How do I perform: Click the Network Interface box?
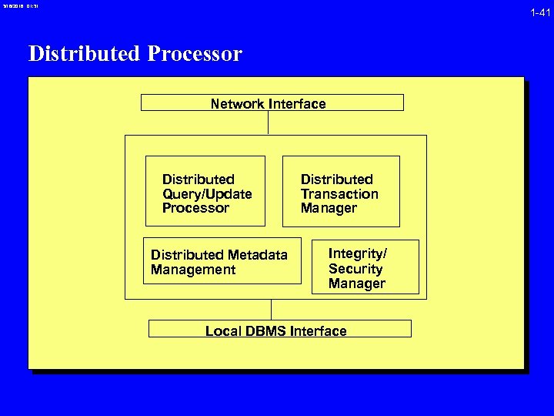272,102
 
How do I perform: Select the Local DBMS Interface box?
279,329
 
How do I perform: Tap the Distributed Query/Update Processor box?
205,192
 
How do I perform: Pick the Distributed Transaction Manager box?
341,192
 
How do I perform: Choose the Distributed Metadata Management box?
222,262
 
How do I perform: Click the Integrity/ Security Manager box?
365,267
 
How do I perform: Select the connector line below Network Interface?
268,122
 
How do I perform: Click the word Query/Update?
207,193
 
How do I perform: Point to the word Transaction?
339,193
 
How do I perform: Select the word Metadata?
258,255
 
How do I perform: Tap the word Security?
355,269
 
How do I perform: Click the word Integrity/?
357,253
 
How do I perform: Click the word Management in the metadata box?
193,270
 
